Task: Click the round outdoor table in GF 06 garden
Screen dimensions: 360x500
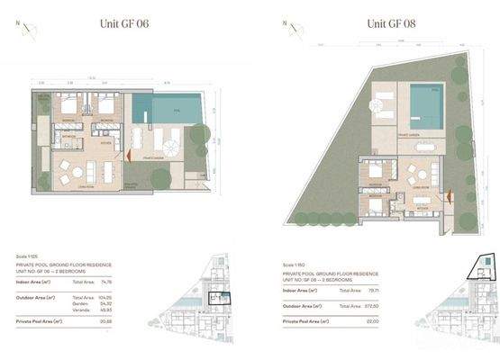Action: click(x=168, y=143)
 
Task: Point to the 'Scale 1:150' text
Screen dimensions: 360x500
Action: click(x=293, y=265)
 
